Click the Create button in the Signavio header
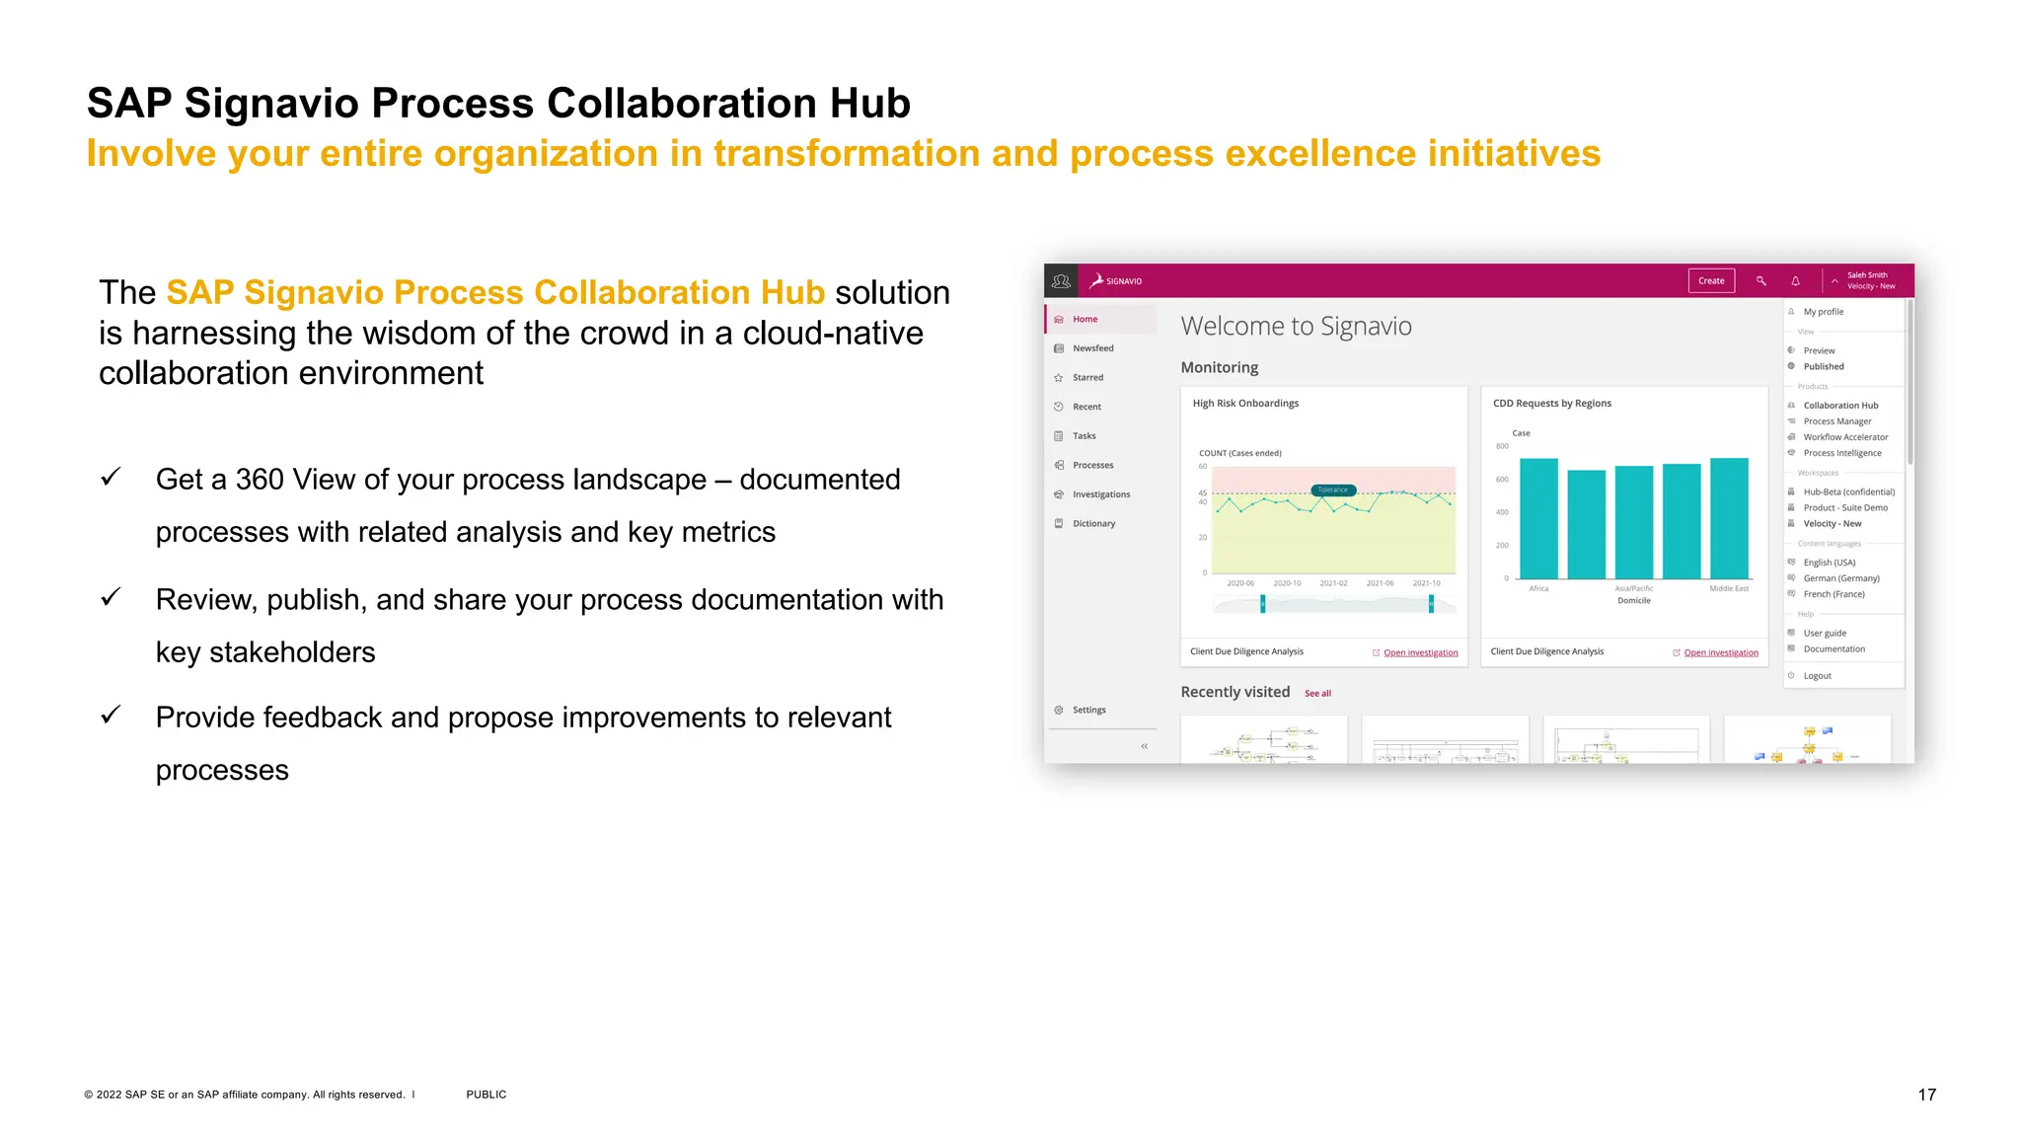[x=1710, y=281]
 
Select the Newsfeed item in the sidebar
[x=1092, y=348]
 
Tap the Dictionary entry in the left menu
[x=1093, y=524]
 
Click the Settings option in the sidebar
[x=1088, y=710]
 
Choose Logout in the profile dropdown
[x=1817, y=676]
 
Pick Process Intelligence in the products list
[x=1841, y=453]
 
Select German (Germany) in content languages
[x=1840, y=578]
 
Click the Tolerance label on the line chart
[x=1332, y=490]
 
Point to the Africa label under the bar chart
[x=1538, y=589]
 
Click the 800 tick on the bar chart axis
[x=1502, y=446]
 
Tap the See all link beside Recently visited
[x=1317, y=694]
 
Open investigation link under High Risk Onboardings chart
[x=1420, y=652]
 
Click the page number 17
[x=1926, y=1095]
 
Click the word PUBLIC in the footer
[x=486, y=1095]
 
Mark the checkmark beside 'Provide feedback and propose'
[x=112, y=715]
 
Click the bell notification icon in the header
[x=1795, y=281]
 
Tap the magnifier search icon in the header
[x=1760, y=281]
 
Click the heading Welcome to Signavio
[x=1296, y=327]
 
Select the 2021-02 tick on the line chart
[x=1333, y=583]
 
